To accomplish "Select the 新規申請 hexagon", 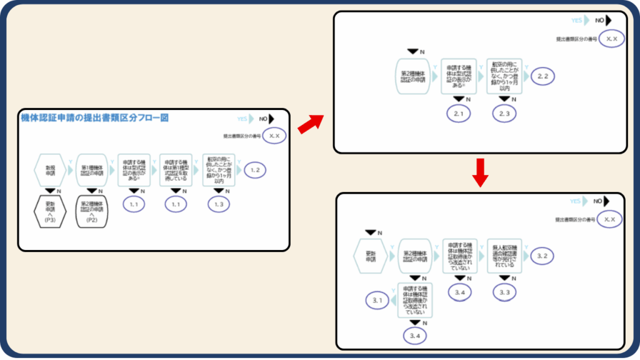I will click(50, 169).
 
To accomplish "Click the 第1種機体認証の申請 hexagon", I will click(92, 169).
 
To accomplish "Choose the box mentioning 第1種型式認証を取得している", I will click(176, 169).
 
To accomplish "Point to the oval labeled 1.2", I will click(254, 169).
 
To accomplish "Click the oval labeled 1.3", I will click(219, 204).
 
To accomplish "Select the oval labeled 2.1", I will click(459, 113).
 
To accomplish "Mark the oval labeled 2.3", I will click(504, 113).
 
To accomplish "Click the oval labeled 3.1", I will click(377, 301).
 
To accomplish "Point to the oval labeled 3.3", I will click(504, 292).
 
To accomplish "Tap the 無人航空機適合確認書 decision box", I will click(504, 256).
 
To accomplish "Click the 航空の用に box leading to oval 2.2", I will click(504, 76).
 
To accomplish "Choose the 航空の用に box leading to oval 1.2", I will click(219, 169).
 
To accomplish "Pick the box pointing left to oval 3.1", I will click(414, 301).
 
